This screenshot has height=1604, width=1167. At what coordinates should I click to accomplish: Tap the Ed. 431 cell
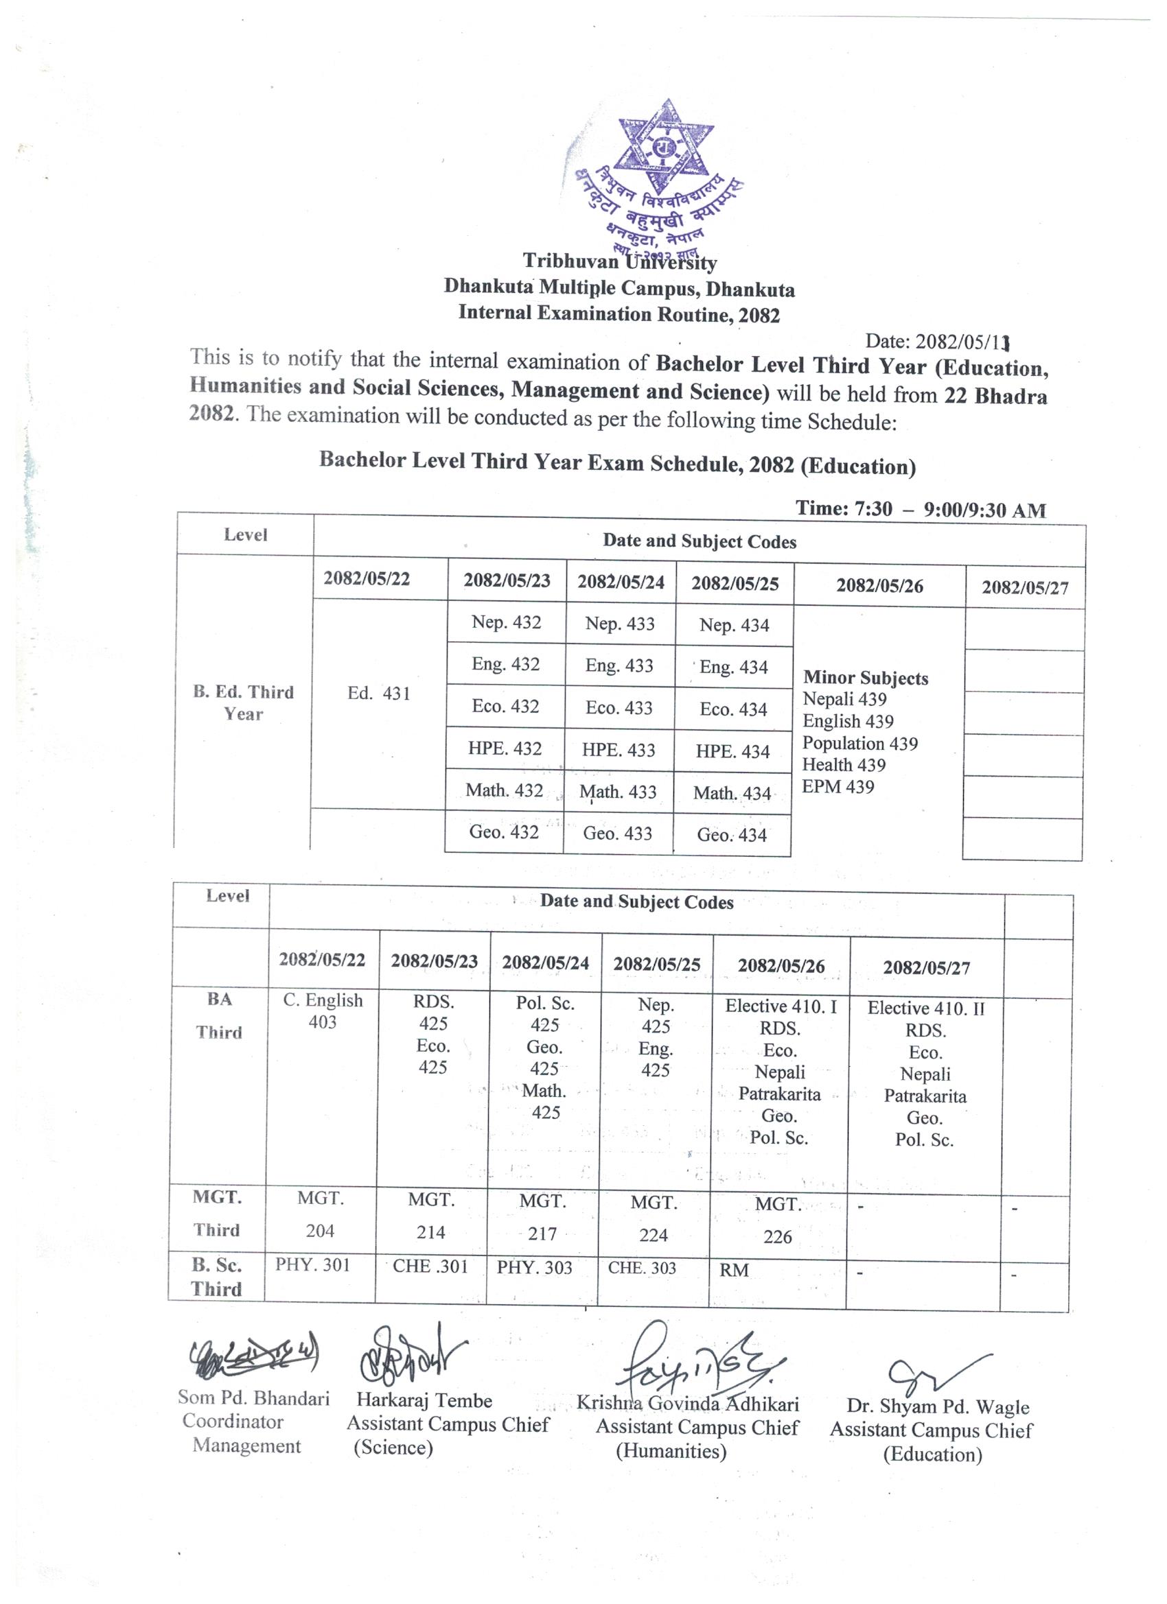tap(379, 694)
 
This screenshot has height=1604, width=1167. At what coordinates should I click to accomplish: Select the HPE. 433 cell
tap(619, 751)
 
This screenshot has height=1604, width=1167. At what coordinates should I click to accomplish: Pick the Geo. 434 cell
tap(732, 835)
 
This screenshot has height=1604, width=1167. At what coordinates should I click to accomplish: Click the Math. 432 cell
tap(504, 791)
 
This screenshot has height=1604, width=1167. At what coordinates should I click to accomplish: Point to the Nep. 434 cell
tap(734, 625)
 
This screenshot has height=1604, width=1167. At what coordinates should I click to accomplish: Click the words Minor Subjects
tap(866, 679)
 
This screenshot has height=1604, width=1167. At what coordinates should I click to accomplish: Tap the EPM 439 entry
tap(838, 787)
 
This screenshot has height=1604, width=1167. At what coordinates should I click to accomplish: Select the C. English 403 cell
tap(323, 1011)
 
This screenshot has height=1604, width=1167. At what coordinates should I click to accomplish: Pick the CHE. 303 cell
tap(642, 1268)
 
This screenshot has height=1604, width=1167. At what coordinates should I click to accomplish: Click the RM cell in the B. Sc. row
tap(734, 1270)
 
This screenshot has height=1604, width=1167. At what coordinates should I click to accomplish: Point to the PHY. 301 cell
tap(313, 1264)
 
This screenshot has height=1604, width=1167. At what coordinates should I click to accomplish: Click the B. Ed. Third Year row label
tap(244, 703)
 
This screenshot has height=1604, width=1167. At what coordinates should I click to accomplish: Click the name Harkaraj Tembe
tap(424, 1400)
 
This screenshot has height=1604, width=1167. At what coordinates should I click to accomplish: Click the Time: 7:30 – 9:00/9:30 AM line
tap(921, 509)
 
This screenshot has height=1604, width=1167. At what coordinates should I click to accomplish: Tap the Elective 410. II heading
tap(925, 1009)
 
